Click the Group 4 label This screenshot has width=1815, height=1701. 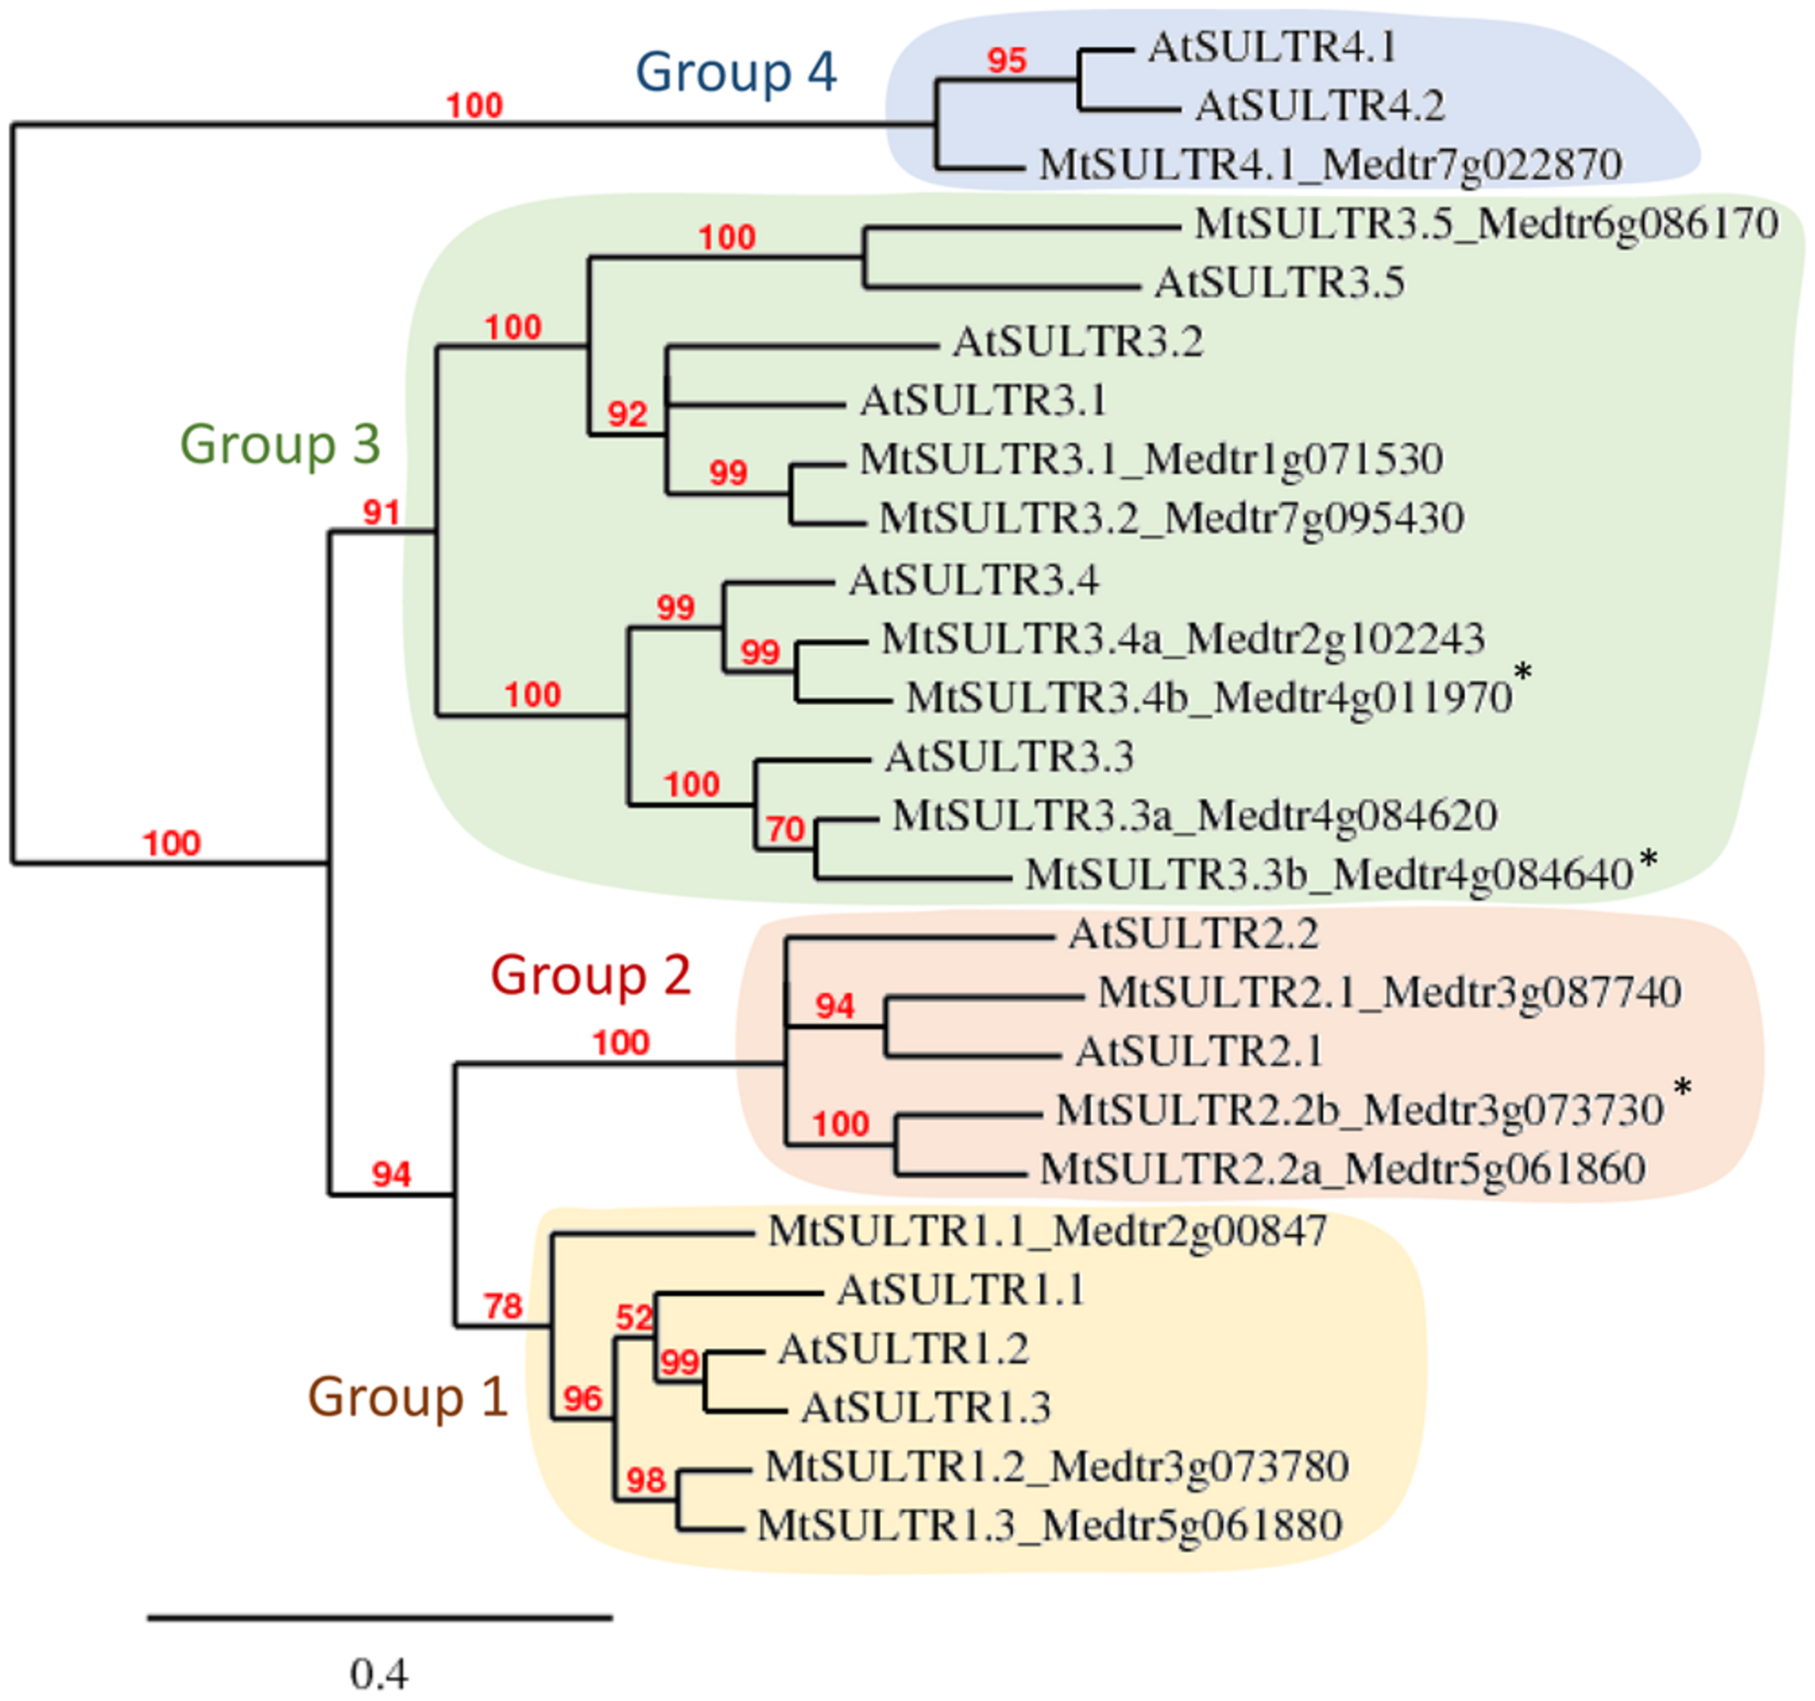736,73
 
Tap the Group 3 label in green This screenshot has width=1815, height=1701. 279,444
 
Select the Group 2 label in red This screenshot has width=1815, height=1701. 590,975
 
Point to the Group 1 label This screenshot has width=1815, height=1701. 407,1397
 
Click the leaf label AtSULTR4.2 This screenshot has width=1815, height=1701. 1319,106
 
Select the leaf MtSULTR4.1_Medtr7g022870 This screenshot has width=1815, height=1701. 1330,165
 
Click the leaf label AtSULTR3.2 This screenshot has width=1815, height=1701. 1077,342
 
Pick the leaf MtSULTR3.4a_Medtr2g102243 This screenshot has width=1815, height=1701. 1183,639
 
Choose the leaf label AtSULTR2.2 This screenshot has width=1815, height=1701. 1193,934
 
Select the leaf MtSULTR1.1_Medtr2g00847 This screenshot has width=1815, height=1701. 1047,1232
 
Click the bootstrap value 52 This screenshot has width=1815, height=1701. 633,1317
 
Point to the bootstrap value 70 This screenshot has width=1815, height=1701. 785,829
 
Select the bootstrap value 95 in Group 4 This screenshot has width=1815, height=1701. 1007,61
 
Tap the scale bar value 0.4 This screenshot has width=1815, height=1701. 379,1674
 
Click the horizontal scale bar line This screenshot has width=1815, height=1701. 379,1618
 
